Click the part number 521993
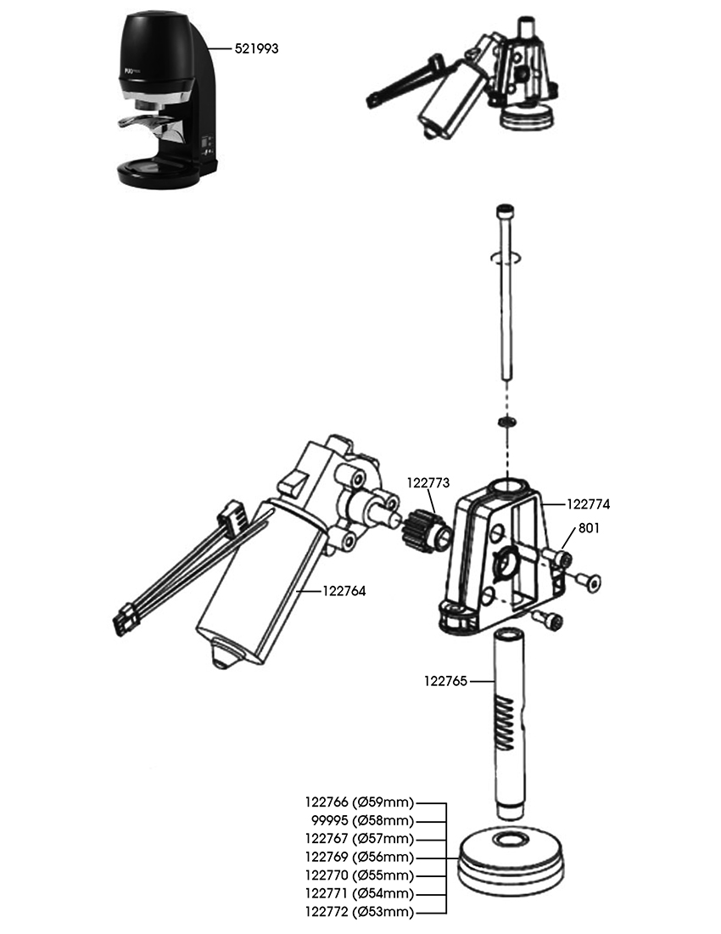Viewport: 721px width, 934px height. pos(256,49)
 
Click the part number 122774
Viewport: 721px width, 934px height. pos(587,504)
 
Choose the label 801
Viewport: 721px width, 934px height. pos(589,527)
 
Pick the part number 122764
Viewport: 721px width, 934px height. pos(344,591)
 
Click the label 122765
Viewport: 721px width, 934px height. pos(445,680)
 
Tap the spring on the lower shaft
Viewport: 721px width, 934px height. pos(505,722)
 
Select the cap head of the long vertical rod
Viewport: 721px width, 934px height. pos(505,209)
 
